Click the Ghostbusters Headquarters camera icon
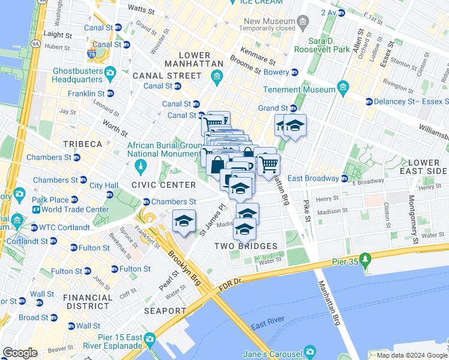pos(110,73)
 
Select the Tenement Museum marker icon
pos(343,89)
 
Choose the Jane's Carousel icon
pos(310,352)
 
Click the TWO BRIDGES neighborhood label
pos(246,246)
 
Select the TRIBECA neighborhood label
pos(82,145)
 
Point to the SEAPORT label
pos(165,311)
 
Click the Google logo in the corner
pos(20,353)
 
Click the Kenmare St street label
pos(257,57)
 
